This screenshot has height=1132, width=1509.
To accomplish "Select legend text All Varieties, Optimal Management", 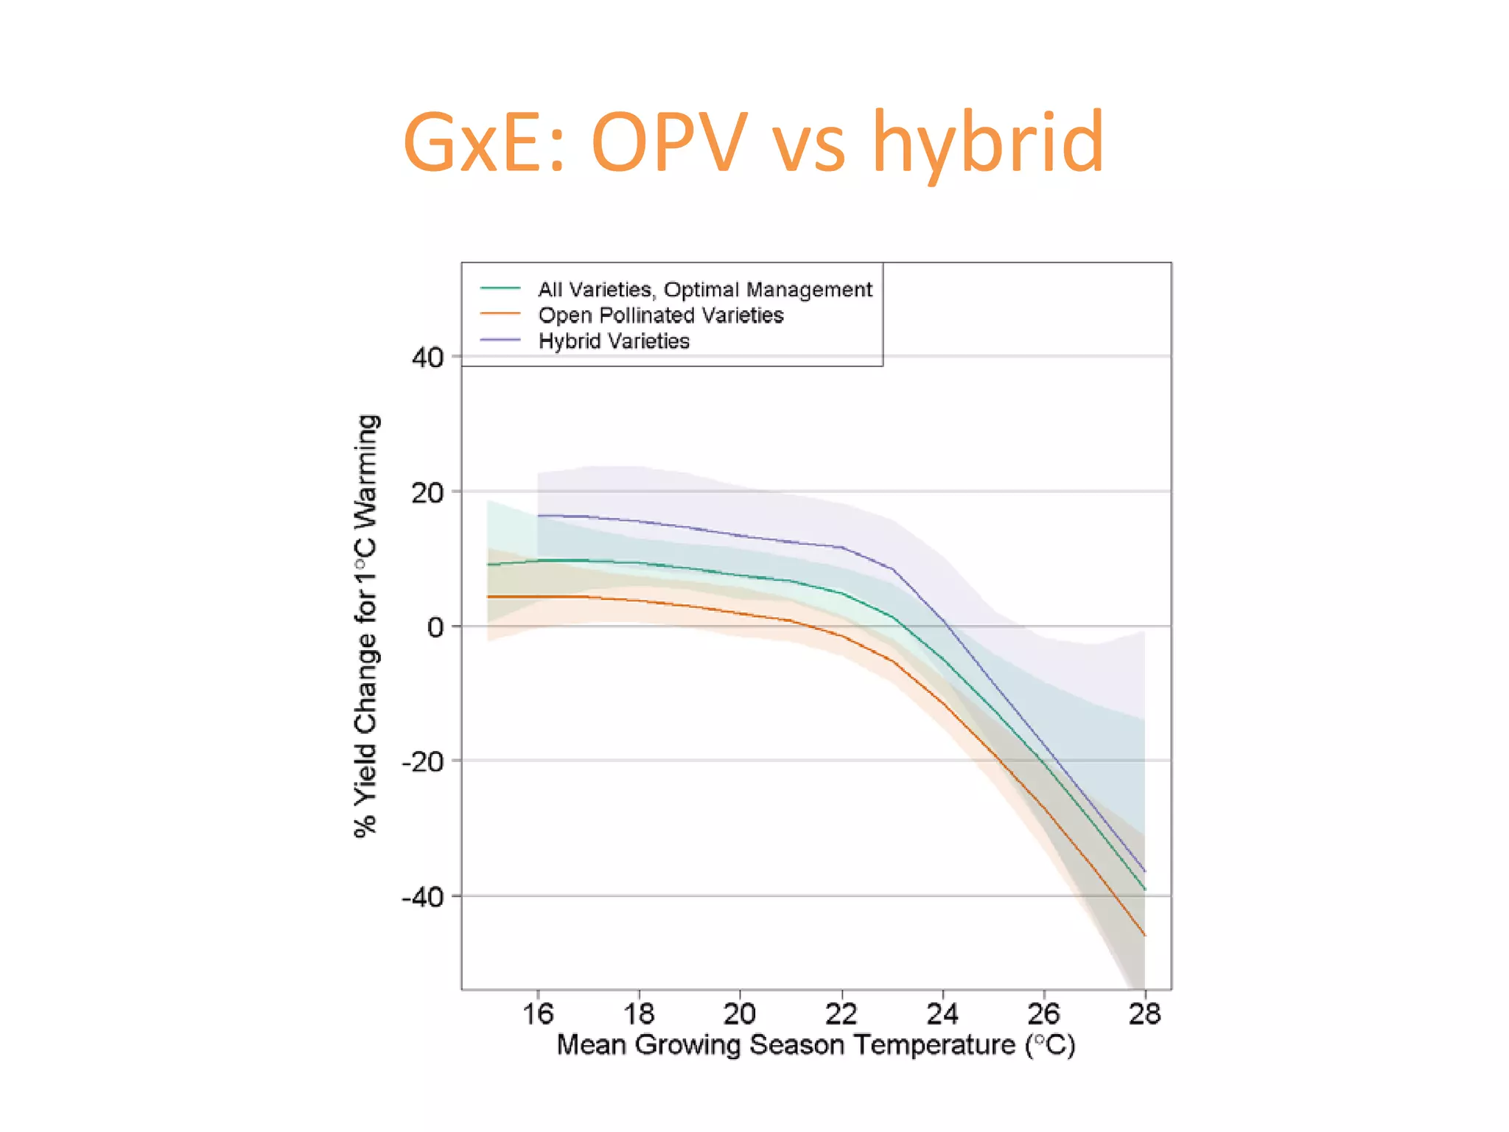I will point(704,289).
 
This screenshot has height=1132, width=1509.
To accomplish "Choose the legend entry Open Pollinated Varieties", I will point(660,315).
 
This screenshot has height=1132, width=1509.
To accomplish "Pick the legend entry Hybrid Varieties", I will point(614,341).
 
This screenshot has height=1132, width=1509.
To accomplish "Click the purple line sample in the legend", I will point(500,340).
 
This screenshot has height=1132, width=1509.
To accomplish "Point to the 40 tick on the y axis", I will point(427,358).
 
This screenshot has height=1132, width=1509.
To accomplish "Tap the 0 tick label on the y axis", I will point(435,627).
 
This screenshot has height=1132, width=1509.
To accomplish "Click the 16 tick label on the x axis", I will point(538,1014).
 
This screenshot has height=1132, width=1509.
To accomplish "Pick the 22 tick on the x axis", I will point(841,1014).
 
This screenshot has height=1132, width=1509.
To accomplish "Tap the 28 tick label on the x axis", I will point(1144,1014).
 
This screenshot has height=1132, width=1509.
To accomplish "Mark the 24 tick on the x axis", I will point(942,1014).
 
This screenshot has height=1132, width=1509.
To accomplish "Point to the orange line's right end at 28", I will point(1144,935).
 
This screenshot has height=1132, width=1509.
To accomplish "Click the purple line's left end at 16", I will point(539,515).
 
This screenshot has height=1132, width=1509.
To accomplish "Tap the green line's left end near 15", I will point(489,565).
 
